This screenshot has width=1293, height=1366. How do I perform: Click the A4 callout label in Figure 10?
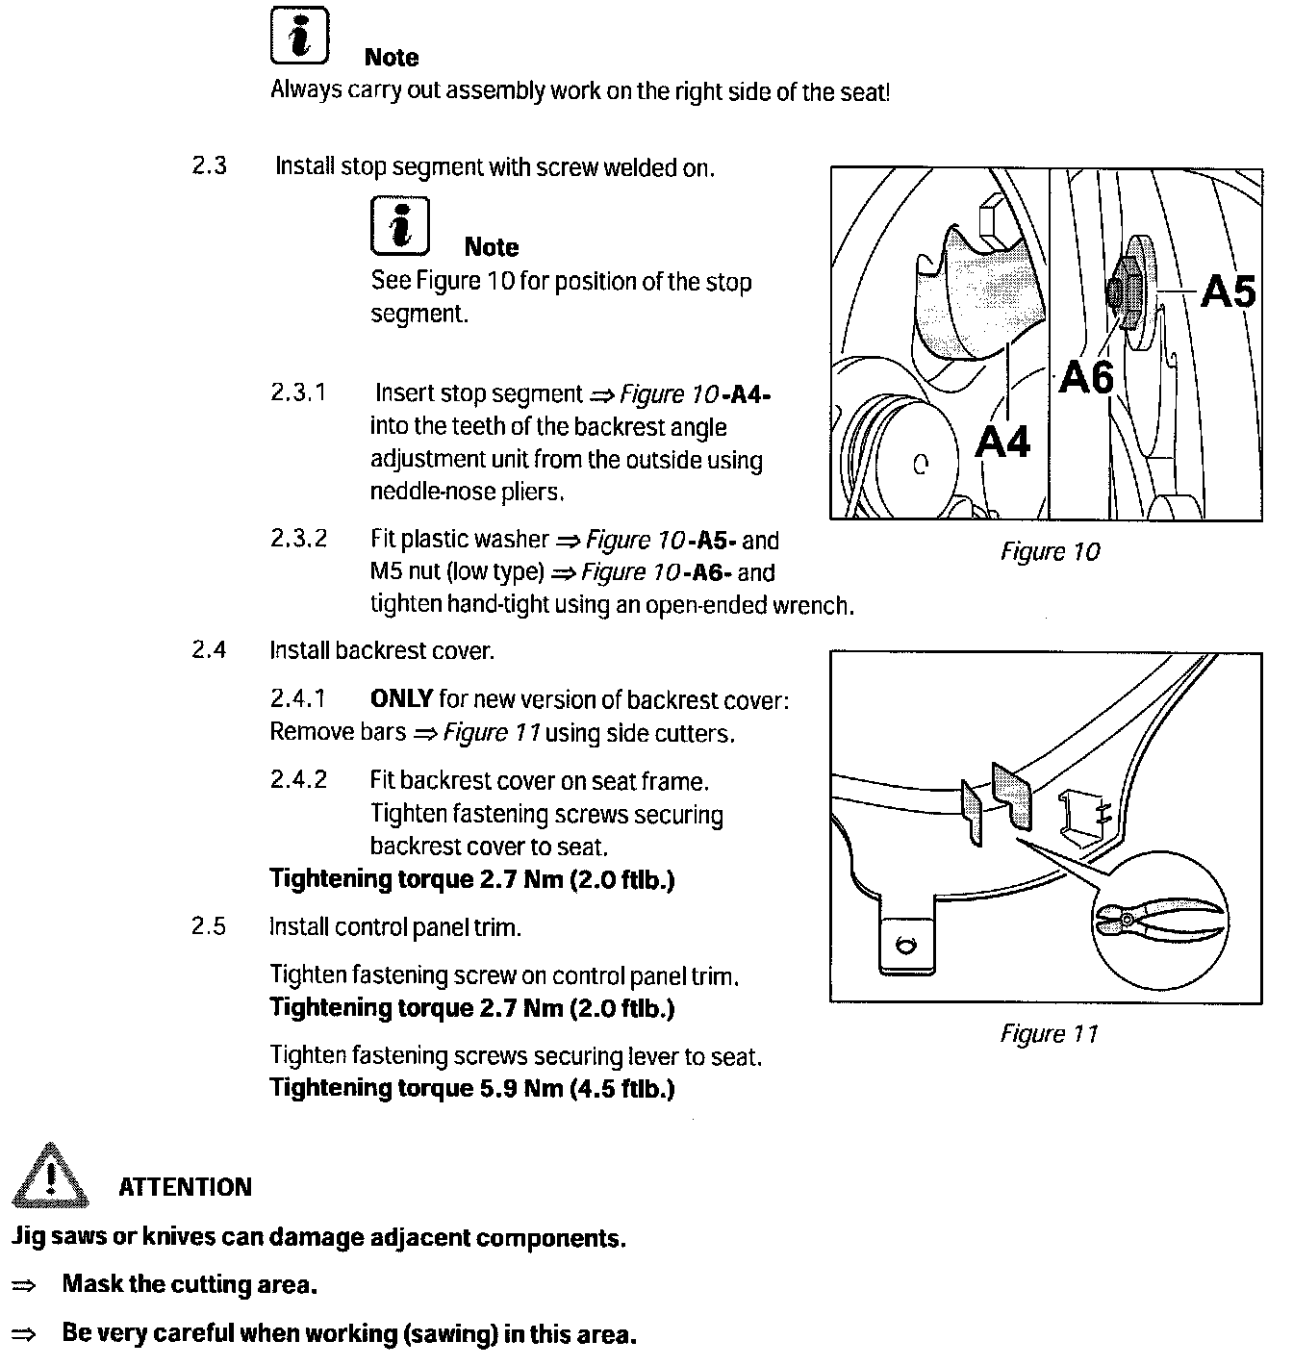[x=1002, y=442]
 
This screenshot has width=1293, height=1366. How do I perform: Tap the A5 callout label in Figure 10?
[x=1229, y=291]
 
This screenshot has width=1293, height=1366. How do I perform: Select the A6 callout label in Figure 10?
[x=1086, y=378]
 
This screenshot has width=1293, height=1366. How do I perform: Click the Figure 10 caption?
[x=1050, y=552]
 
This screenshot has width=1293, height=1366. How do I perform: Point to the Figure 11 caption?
[x=1049, y=1034]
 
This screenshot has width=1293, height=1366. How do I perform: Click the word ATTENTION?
[x=185, y=1187]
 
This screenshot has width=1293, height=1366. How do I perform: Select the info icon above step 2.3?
[x=299, y=36]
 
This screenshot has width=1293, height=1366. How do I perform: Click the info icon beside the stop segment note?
[x=399, y=226]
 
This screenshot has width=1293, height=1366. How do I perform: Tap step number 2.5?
[x=209, y=927]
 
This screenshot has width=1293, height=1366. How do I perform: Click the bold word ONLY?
[x=401, y=699]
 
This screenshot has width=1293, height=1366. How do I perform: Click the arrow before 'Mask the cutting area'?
[x=23, y=1285]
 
